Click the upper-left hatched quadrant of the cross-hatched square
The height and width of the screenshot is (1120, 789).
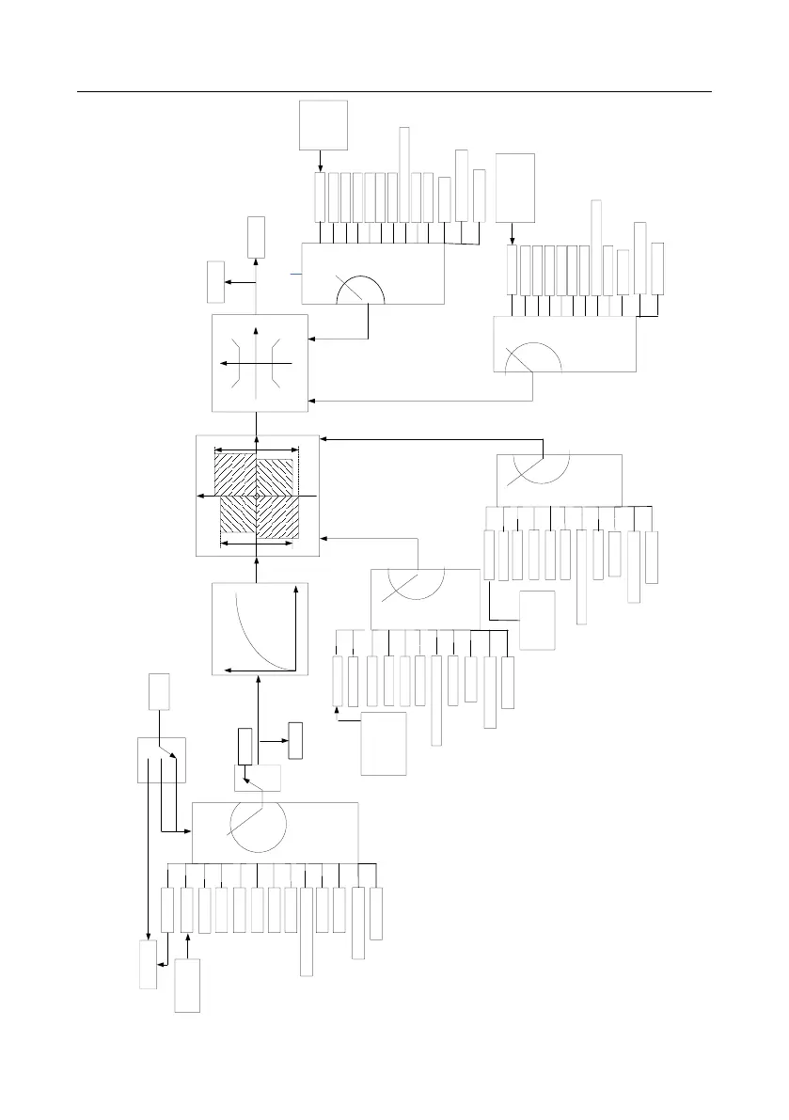(235, 472)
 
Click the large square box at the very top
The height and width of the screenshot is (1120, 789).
(323, 124)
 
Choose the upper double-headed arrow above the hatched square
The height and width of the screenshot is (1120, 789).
(257, 450)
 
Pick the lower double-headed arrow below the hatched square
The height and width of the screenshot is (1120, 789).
(257, 543)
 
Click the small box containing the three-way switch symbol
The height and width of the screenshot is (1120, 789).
(162, 760)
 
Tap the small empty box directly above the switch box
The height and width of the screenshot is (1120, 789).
(159, 691)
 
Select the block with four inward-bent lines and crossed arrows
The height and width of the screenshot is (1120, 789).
(260, 362)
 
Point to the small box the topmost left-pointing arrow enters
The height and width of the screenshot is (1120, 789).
(215, 282)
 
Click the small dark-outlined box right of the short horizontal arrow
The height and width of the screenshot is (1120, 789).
(296, 740)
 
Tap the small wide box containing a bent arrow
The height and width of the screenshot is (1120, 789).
(257, 779)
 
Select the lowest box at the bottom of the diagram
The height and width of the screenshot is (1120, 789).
(187, 986)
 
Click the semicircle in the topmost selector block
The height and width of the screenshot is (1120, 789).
(361, 292)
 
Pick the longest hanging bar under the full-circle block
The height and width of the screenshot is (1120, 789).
(306, 931)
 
